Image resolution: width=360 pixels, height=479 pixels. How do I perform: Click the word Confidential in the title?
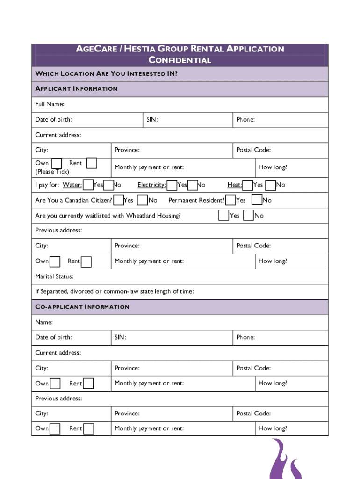(180, 60)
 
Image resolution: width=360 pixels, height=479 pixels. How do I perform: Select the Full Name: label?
(50, 104)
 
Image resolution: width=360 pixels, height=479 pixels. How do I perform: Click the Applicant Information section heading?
(76, 88)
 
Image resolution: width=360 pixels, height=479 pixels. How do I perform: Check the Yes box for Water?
(87, 185)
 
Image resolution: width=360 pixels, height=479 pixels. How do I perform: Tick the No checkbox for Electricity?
(192, 185)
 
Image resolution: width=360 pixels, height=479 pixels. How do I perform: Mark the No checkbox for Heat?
(270, 185)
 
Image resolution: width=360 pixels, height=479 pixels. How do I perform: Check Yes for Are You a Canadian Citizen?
(119, 200)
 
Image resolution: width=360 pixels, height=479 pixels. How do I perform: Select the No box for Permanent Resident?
(257, 200)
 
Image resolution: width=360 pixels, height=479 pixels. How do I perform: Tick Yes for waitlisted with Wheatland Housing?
(224, 215)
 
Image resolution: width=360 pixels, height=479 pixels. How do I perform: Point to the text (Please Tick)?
(52, 172)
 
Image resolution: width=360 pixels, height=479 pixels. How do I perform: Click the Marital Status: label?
(54, 276)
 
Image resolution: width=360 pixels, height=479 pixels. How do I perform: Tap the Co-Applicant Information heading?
(82, 307)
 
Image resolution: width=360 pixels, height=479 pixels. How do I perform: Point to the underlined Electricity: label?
(151, 185)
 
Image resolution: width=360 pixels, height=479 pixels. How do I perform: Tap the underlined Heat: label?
(235, 185)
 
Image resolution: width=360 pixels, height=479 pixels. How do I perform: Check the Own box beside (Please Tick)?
(57, 163)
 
